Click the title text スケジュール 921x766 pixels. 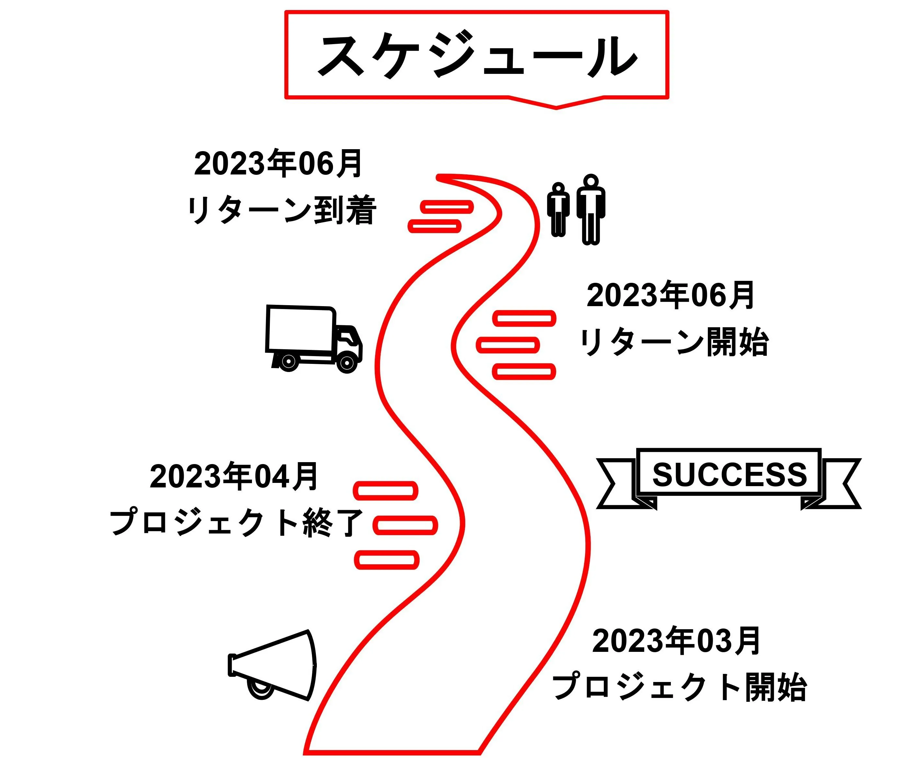(x=477, y=56)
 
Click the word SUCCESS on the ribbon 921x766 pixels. (x=729, y=474)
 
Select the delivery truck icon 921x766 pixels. (x=313, y=338)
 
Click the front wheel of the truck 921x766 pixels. (x=347, y=363)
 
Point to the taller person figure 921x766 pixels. (x=591, y=209)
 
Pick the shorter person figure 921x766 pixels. (x=558, y=209)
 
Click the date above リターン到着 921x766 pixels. (x=278, y=163)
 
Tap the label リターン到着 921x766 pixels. (x=282, y=210)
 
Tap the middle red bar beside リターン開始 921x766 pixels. (x=508, y=345)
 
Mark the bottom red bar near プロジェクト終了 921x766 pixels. (x=386, y=560)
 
